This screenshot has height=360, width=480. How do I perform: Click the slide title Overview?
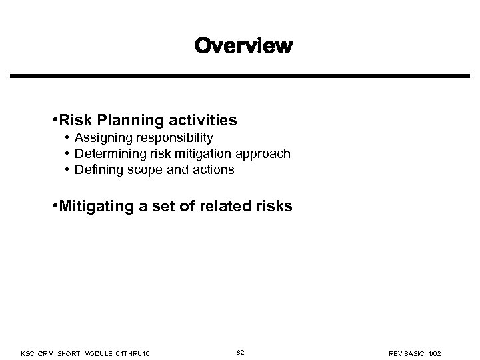(243, 46)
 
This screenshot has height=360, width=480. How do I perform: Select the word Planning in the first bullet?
(125, 121)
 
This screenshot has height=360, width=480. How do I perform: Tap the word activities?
(203, 121)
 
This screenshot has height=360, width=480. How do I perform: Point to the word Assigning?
(102, 138)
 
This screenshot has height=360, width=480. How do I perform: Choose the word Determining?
(108, 154)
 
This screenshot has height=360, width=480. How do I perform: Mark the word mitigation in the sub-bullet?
(199, 154)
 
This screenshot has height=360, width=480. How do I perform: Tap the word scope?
(143, 170)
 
